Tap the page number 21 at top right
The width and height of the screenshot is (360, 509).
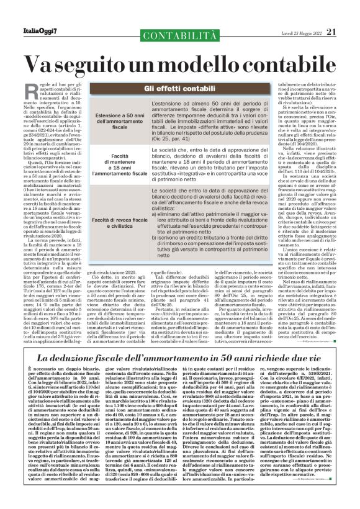tap(331, 32)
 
